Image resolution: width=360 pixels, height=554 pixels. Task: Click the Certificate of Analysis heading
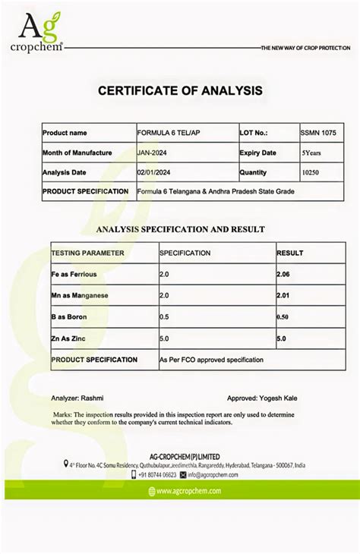tap(180, 91)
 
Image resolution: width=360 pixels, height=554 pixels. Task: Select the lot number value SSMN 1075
tap(318, 133)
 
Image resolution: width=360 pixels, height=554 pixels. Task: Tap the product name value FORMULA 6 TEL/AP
tap(169, 133)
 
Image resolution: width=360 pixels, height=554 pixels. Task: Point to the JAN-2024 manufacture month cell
tap(153, 153)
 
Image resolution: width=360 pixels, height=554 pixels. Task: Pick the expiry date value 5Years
tap(311, 153)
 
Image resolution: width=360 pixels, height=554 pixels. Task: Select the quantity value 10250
tap(311, 172)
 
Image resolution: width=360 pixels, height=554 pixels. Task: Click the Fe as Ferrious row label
tap(74, 273)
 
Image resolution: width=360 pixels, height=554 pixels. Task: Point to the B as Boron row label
tap(69, 316)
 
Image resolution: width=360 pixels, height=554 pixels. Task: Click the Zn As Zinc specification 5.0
tap(164, 338)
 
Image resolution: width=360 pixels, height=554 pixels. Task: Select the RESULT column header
tap(289, 253)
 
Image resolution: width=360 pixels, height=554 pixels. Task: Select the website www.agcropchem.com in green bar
tap(189, 491)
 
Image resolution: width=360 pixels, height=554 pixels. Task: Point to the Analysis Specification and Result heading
tap(180, 228)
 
